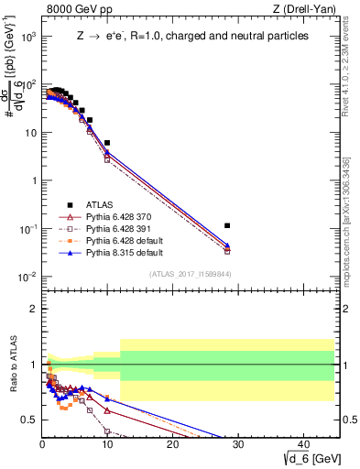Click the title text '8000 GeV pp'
(69, 10)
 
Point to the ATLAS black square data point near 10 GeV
(107, 143)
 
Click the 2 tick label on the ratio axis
(33, 309)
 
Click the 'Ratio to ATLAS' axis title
(13, 365)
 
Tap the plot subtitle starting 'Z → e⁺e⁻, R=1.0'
(192, 37)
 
